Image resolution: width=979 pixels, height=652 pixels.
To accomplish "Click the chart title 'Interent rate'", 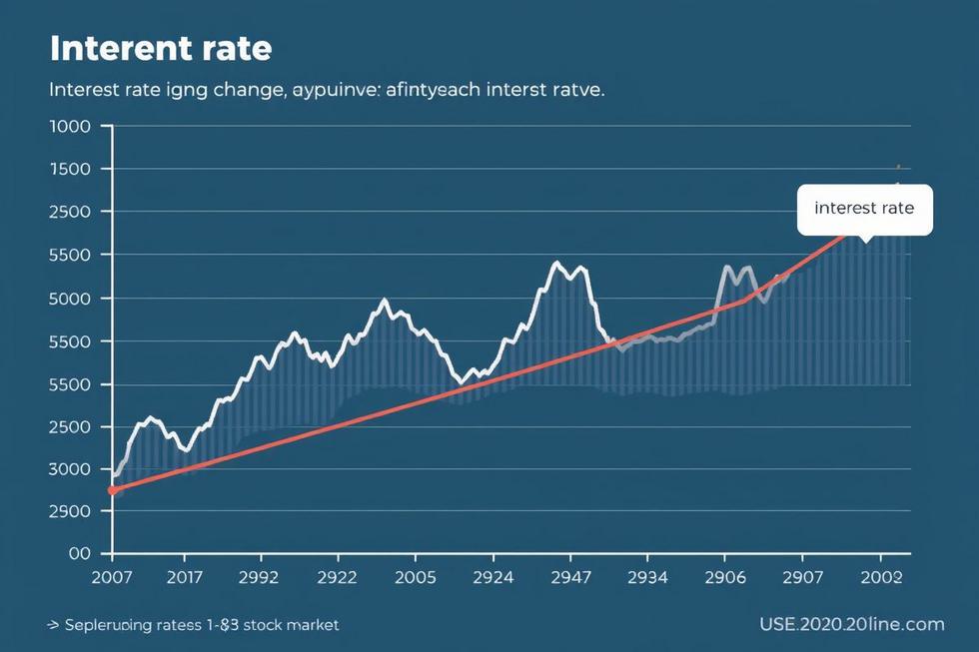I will coord(161,48).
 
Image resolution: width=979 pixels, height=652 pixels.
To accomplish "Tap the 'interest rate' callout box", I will coord(864,209).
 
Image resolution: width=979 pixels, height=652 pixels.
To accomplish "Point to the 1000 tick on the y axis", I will coord(70,126).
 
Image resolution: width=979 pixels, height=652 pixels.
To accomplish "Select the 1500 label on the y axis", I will coord(70,169).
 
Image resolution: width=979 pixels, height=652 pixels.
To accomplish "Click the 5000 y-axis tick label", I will coord(70,299).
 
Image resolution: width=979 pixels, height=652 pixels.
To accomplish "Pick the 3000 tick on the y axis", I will coord(70,469).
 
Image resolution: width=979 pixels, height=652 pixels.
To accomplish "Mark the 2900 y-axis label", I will coord(70,511).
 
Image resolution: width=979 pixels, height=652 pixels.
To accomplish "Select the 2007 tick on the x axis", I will coord(111,577).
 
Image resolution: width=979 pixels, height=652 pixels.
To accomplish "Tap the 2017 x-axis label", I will coord(185,577).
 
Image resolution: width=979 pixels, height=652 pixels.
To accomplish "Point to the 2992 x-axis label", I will coord(261,577).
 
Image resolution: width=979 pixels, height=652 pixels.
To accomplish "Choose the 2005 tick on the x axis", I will coord(415,577).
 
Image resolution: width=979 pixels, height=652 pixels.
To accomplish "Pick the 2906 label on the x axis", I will coord(726,577).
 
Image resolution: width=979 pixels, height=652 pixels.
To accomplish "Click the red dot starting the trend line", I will coord(112,490).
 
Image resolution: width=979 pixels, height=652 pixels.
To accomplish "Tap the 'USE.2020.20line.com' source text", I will coord(851,624).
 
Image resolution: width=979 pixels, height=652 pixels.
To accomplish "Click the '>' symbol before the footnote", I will coord(53,625).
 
